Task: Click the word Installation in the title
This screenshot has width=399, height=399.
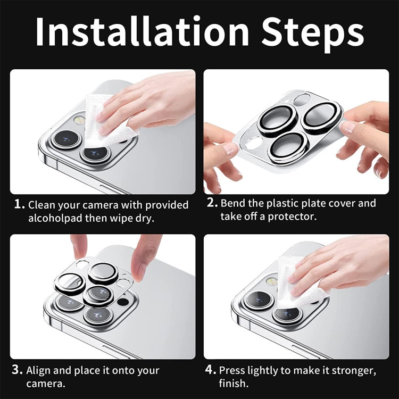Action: click(x=142, y=31)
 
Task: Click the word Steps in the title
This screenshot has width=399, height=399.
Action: click(x=312, y=35)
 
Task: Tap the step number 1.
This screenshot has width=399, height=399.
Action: click(x=19, y=204)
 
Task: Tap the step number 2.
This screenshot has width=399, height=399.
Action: click(x=212, y=203)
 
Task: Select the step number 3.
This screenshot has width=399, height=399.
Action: click(x=17, y=370)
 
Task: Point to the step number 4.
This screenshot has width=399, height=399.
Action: click(x=211, y=370)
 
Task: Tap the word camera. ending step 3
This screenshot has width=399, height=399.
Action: click(x=46, y=384)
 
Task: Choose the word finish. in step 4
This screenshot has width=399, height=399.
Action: click(x=234, y=383)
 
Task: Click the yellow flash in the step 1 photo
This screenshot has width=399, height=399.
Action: click(x=80, y=120)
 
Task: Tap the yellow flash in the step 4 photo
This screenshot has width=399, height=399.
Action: click(x=271, y=281)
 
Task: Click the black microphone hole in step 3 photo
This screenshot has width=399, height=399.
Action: click(x=123, y=302)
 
